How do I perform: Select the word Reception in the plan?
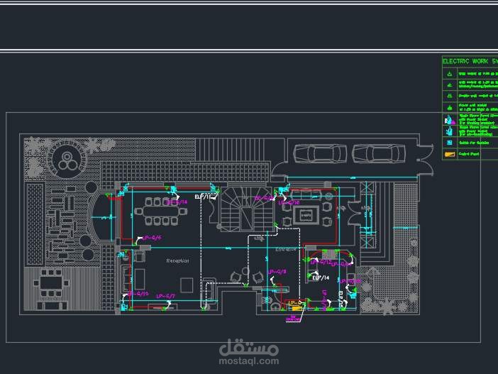177,261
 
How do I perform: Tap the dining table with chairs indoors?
162,210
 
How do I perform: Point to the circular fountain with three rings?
68,160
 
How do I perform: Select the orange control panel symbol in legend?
448,154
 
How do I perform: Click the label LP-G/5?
153,238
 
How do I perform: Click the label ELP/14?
319,277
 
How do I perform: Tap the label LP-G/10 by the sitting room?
289,202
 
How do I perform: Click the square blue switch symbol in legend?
448,142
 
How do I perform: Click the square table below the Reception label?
187,285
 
